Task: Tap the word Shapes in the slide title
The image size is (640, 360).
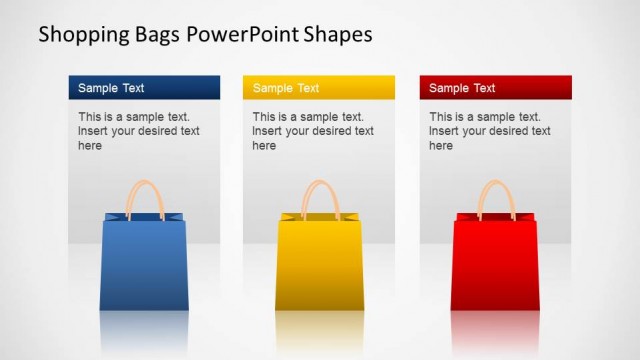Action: click(x=339, y=35)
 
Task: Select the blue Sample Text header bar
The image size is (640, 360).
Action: click(x=144, y=88)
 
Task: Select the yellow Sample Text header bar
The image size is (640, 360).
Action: click(x=318, y=88)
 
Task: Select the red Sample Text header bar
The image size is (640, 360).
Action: click(x=495, y=88)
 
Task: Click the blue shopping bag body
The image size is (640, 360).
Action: click(x=144, y=265)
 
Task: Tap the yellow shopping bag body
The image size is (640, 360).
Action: click(x=319, y=265)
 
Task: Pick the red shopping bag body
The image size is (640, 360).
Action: click(x=494, y=265)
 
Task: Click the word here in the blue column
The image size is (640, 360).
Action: click(x=90, y=146)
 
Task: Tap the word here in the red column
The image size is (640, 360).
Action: click(x=441, y=146)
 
